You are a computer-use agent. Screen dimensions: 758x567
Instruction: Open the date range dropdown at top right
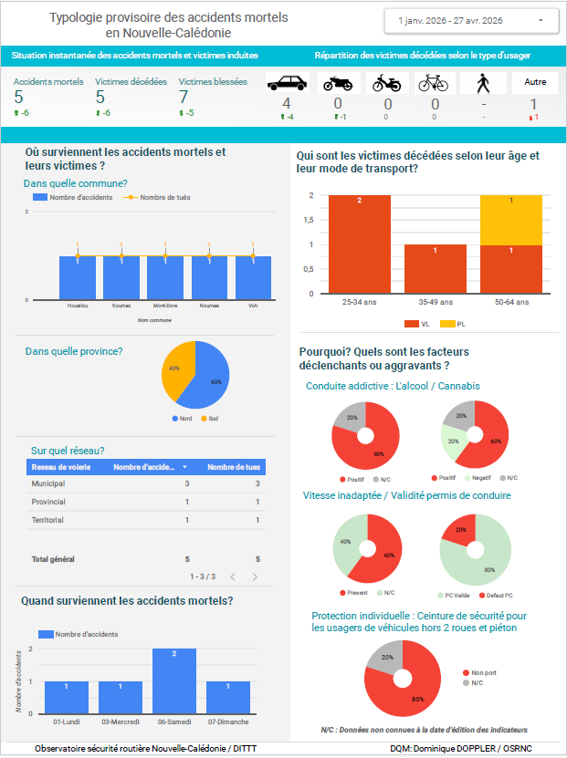(x=471, y=20)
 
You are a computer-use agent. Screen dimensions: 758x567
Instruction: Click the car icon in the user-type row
(x=287, y=83)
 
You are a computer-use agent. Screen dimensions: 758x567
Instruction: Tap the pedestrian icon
(x=484, y=83)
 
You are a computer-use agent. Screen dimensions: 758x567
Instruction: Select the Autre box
(x=535, y=82)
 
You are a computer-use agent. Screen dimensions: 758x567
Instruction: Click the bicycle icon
(x=436, y=83)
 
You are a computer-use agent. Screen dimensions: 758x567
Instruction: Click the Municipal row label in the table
(x=47, y=483)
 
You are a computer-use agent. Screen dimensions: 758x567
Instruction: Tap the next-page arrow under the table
(x=255, y=576)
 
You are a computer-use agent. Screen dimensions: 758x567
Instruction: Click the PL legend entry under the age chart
(x=446, y=324)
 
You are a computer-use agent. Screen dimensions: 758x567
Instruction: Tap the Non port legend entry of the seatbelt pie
(x=483, y=673)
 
